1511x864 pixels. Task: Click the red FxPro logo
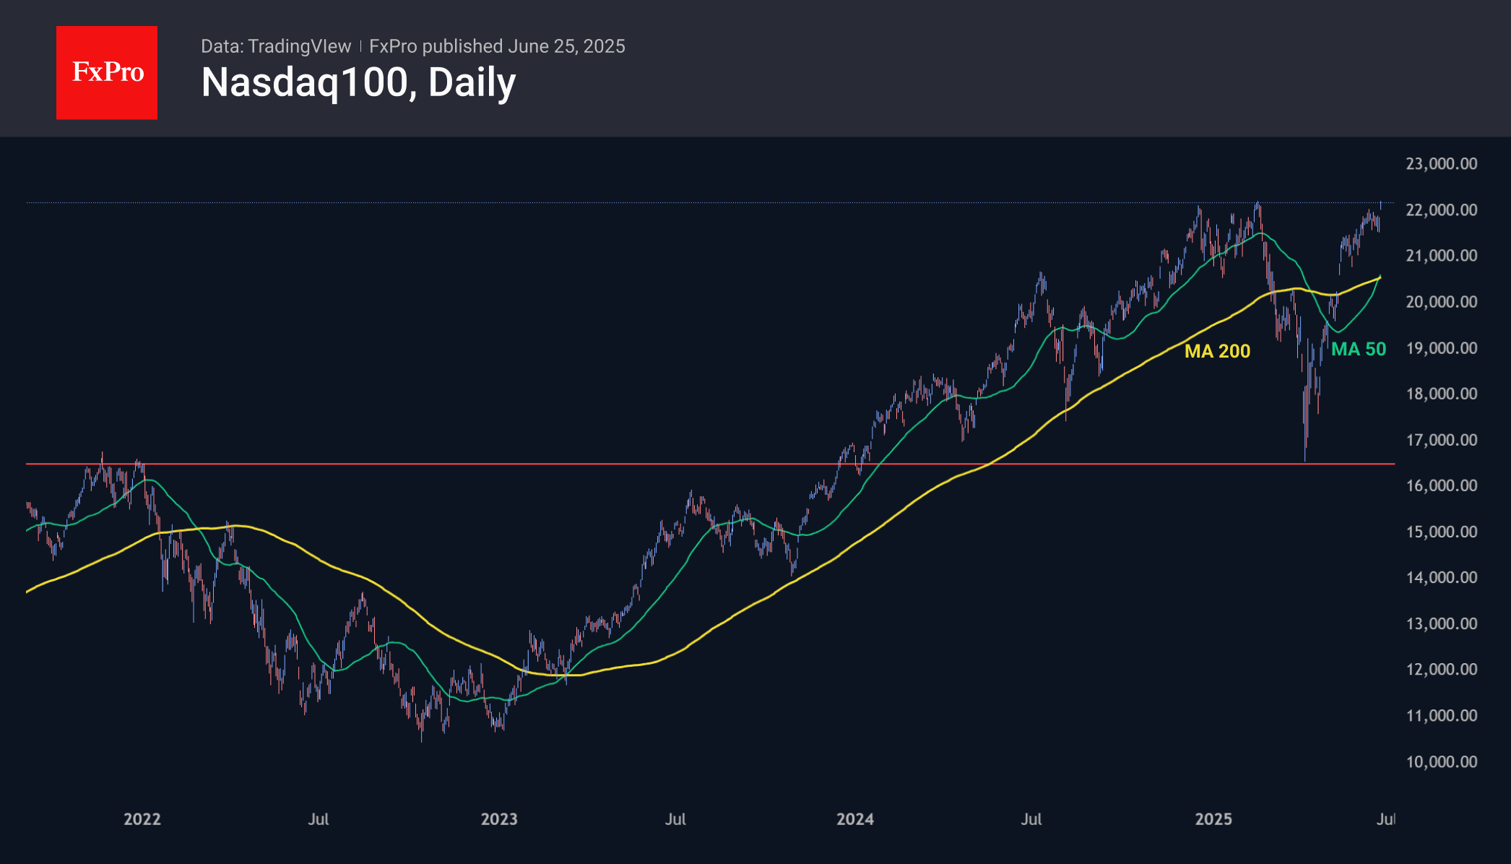(107, 72)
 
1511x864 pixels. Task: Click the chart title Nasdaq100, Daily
(358, 82)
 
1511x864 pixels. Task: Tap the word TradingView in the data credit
(299, 46)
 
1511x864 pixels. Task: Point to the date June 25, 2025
(566, 46)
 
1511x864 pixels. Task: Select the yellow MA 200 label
(1217, 351)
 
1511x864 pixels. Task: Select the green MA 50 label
(1358, 350)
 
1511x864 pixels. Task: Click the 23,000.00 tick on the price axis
(1441, 164)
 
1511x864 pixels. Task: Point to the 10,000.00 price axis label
(1441, 761)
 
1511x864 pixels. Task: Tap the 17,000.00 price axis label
(1441, 440)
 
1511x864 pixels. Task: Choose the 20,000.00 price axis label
(1441, 302)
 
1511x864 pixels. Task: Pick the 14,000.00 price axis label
(1441, 577)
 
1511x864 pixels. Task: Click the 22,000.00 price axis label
(1441, 210)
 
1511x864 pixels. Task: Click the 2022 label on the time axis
(142, 819)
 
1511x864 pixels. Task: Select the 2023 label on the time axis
(499, 819)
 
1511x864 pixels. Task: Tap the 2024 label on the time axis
(855, 819)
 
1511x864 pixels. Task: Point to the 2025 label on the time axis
(1213, 819)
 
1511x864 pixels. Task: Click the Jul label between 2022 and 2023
(319, 819)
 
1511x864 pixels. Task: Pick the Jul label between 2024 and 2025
(1031, 819)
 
